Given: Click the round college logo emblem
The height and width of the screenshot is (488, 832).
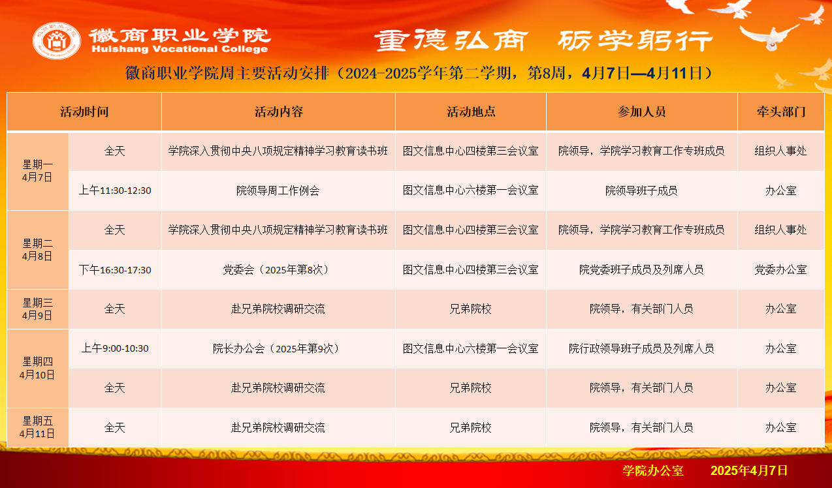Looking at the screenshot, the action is tap(56, 40).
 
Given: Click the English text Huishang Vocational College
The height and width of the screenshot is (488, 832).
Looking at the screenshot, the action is tap(180, 49).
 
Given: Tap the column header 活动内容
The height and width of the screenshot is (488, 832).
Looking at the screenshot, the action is tap(279, 112).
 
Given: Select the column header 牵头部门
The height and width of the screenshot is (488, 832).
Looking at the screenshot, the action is tap(781, 112).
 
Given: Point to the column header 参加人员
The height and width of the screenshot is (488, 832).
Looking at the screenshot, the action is tap(641, 112).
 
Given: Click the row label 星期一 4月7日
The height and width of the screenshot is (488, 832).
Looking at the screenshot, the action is tap(37, 171).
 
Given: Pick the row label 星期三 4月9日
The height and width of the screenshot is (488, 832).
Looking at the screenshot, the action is tap(37, 309).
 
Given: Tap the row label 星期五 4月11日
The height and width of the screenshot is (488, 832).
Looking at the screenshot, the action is tap(37, 427).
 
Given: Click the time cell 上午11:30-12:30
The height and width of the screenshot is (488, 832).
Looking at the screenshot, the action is tap(115, 191).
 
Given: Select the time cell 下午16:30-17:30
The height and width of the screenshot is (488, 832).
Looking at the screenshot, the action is tap(115, 269).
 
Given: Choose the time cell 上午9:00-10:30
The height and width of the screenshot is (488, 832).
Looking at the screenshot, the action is tap(115, 348).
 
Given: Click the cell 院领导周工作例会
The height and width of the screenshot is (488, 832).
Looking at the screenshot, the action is tap(278, 191).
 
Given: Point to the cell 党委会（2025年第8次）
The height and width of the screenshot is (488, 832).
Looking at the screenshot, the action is tap(278, 269).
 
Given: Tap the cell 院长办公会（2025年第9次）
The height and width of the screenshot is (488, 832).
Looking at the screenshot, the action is tap(278, 348).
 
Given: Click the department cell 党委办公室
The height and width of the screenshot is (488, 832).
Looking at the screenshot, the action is tap(781, 269).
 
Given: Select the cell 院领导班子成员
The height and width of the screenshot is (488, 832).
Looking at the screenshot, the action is tap(641, 191).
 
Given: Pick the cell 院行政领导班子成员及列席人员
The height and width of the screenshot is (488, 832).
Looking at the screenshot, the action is tap(641, 348).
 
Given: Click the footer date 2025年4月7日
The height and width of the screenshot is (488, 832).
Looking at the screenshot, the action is tap(749, 470).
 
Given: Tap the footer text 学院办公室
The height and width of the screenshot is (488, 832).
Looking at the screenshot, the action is tap(653, 470).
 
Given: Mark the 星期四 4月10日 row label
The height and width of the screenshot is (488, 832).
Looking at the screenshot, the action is tap(37, 368).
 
